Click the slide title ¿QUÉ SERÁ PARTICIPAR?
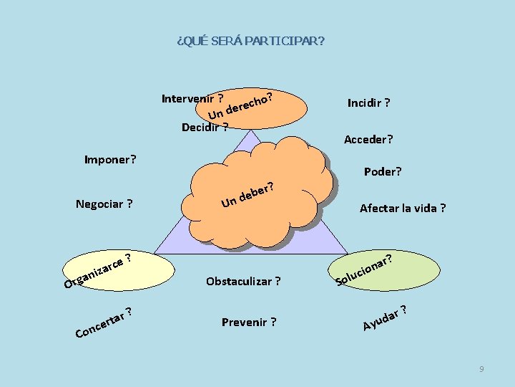point(250,41)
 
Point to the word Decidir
point(200,128)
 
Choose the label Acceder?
point(368,139)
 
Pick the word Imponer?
point(110,158)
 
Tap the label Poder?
point(383,171)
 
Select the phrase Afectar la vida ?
point(403,209)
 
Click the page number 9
point(481,368)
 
